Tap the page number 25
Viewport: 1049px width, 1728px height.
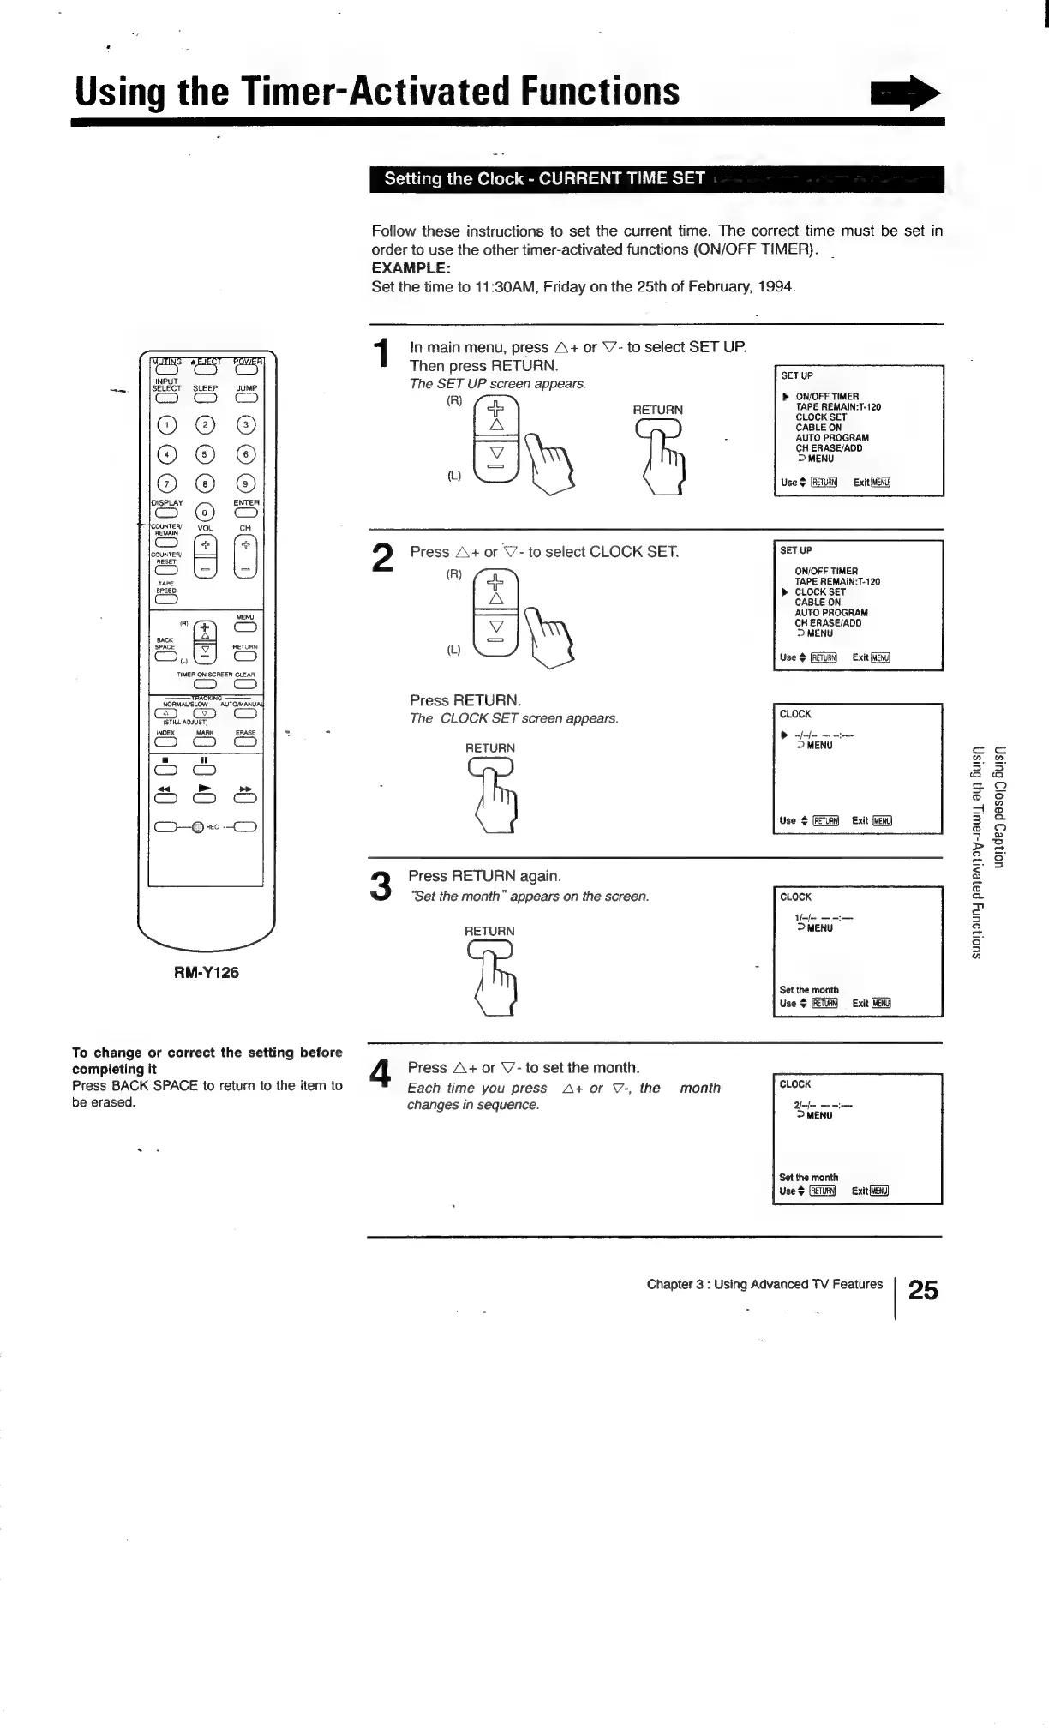(923, 1290)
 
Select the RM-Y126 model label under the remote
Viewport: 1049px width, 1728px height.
(207, 972)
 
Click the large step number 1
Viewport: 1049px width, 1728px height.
(382, 356)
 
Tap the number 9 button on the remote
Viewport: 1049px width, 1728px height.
(245, 484)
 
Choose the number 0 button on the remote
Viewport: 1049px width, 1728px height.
(205, 513)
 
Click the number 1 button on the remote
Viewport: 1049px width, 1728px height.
(166, 425)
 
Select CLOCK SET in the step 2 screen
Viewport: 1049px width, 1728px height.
(820, 591)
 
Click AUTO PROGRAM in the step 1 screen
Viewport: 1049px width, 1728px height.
(831, 437)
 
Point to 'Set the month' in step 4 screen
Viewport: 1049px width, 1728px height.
(808, 1177)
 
